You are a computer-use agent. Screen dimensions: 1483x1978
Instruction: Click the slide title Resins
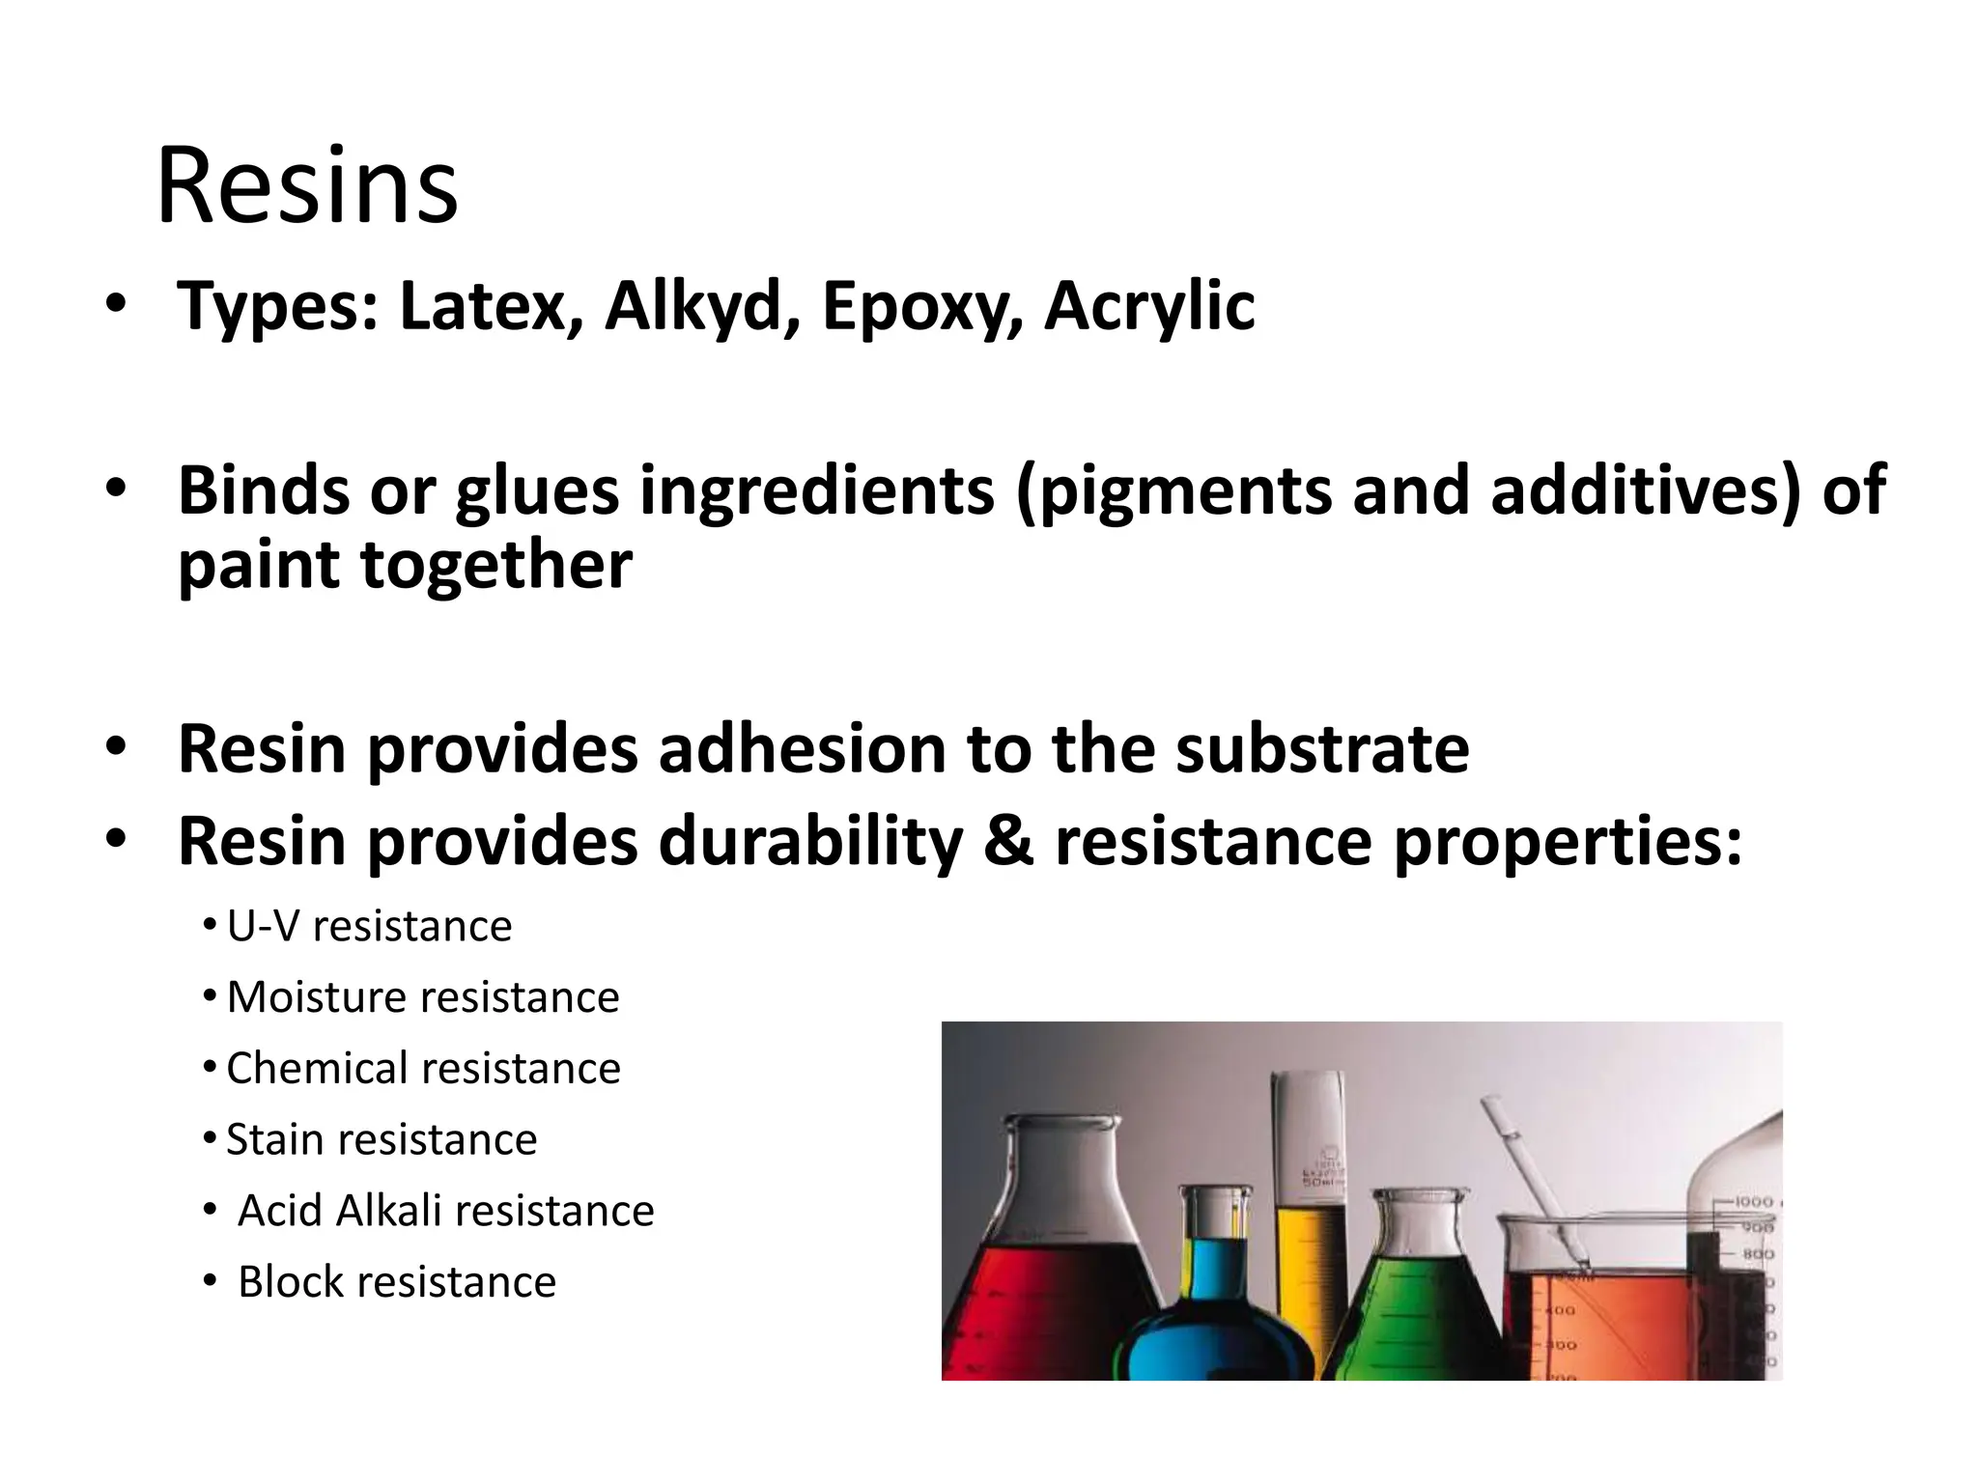(306, 185)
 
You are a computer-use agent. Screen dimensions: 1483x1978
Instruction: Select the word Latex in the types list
(492, 306)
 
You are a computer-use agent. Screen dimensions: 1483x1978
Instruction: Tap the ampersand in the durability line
(1008, 842)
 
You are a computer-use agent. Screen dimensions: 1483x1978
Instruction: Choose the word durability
(810, 842)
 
